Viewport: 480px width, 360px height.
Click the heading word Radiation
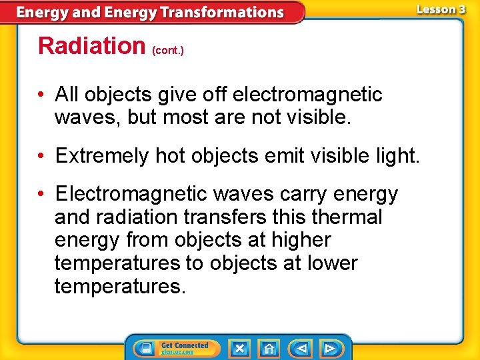91,45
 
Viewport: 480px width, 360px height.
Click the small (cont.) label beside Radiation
168,50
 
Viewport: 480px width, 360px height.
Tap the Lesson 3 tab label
441,9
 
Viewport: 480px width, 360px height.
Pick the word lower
333,263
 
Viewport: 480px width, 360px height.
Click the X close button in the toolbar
239,348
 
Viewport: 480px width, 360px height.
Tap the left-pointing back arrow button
301,348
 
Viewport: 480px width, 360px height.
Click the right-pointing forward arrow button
329,348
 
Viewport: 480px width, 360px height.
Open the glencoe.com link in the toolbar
177,352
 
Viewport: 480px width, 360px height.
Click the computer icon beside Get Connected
145,348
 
